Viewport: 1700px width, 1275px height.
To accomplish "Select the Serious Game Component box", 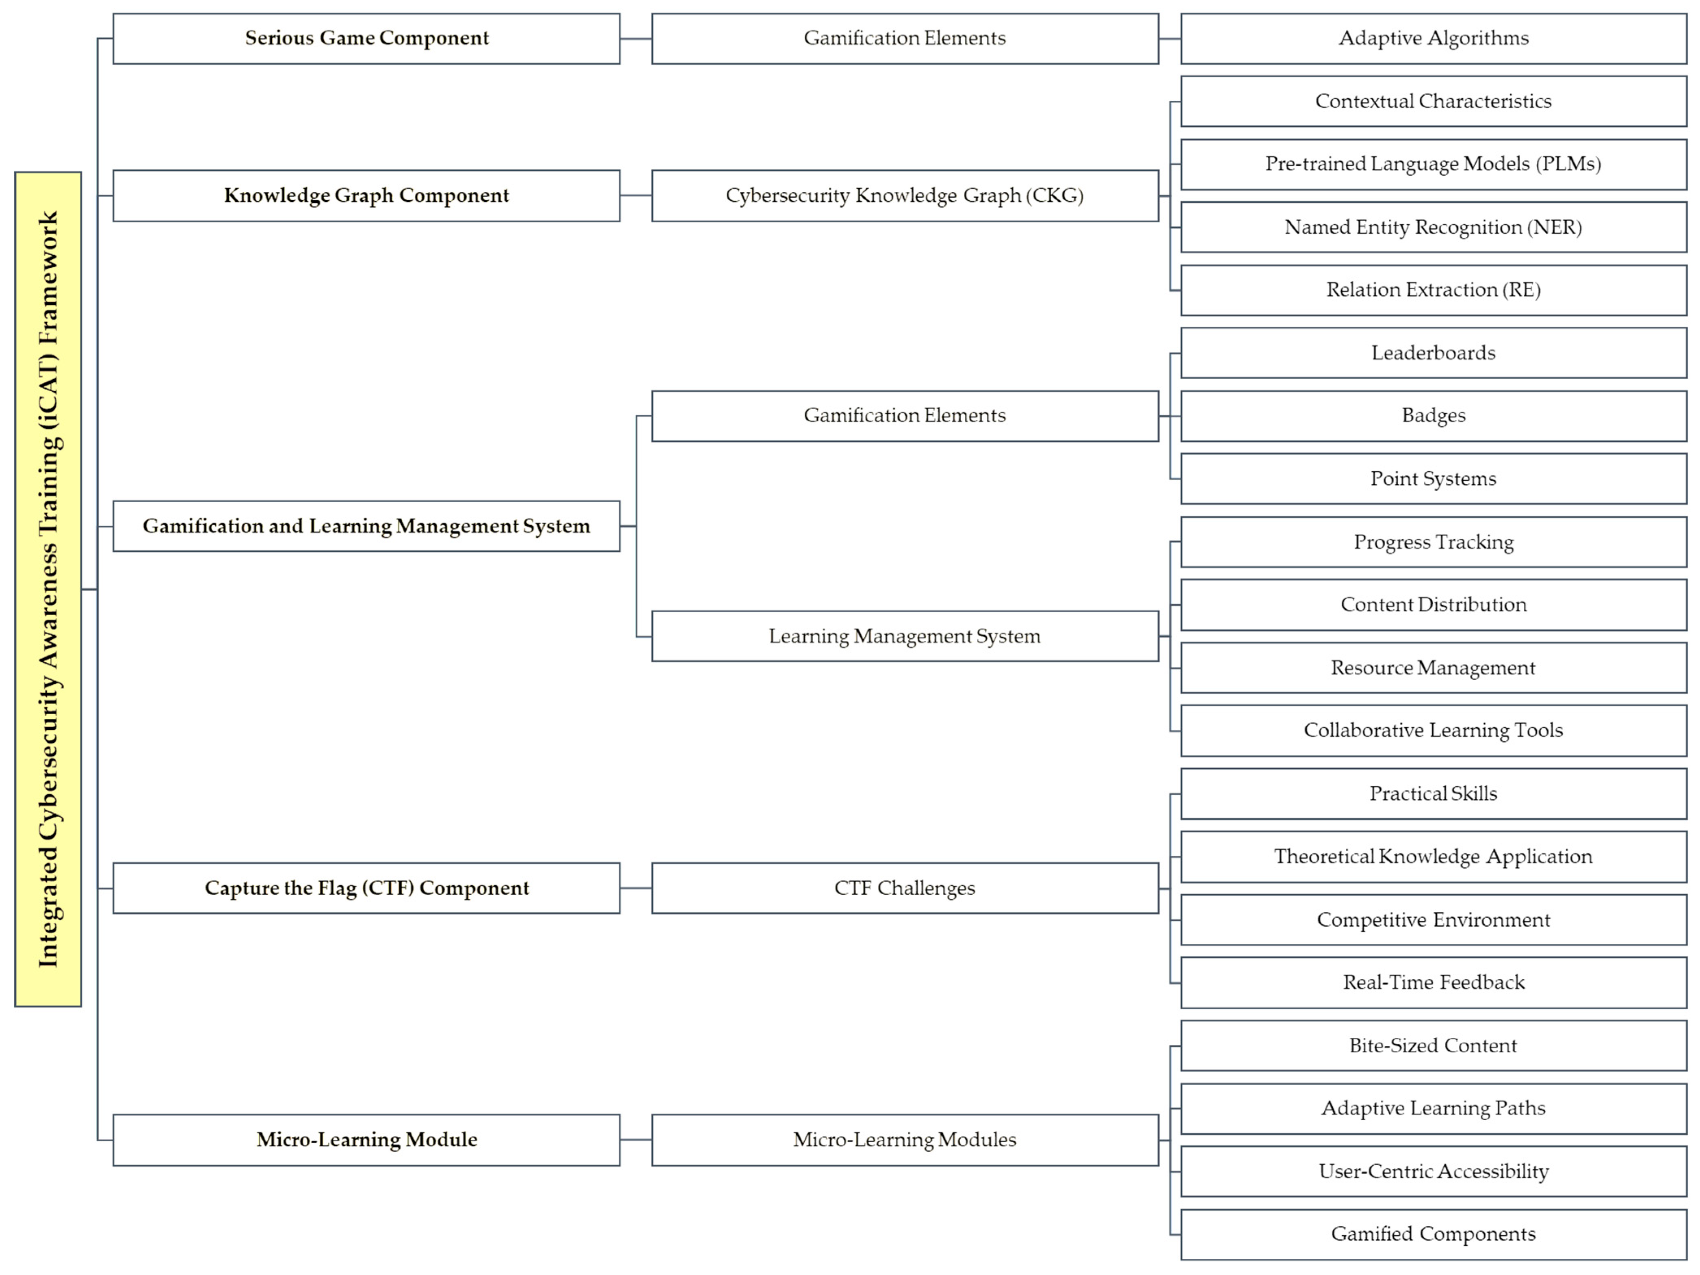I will click(366, 39).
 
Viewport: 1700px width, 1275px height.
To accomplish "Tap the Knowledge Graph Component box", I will click(366, 196).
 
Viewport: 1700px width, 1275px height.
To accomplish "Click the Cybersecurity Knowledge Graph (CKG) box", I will click(905, 196).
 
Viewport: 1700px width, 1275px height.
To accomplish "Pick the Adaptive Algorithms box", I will click(1433, 39).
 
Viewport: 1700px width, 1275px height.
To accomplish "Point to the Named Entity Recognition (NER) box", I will click(1433, 228).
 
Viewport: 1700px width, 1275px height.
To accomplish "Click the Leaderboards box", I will click(1433, 353).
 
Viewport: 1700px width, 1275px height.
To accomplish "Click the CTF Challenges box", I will click(905, 889).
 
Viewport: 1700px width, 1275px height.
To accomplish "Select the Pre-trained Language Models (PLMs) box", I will click(1433, 165).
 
